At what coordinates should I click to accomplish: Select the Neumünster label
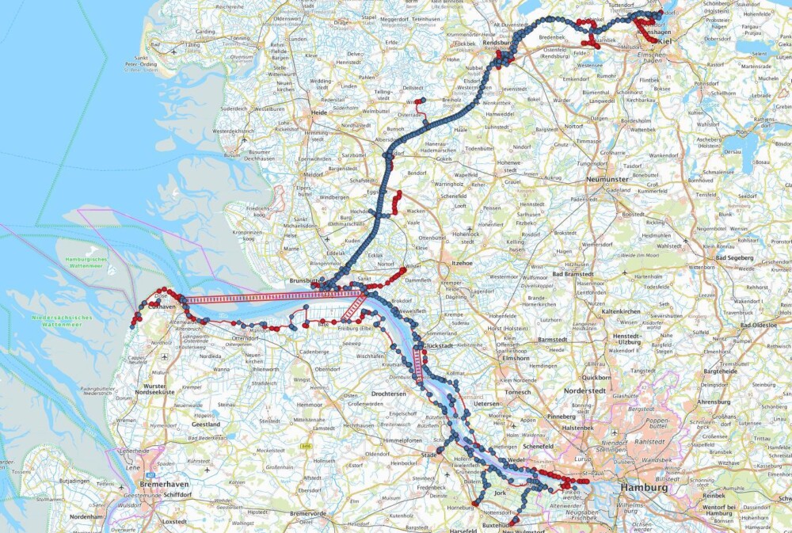[x=607, y=180]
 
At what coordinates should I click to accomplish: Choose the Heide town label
[x=319, y=114]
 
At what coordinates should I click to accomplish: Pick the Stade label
[x=429, y=455]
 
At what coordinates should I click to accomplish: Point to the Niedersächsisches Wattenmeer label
[x=62, y=321]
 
